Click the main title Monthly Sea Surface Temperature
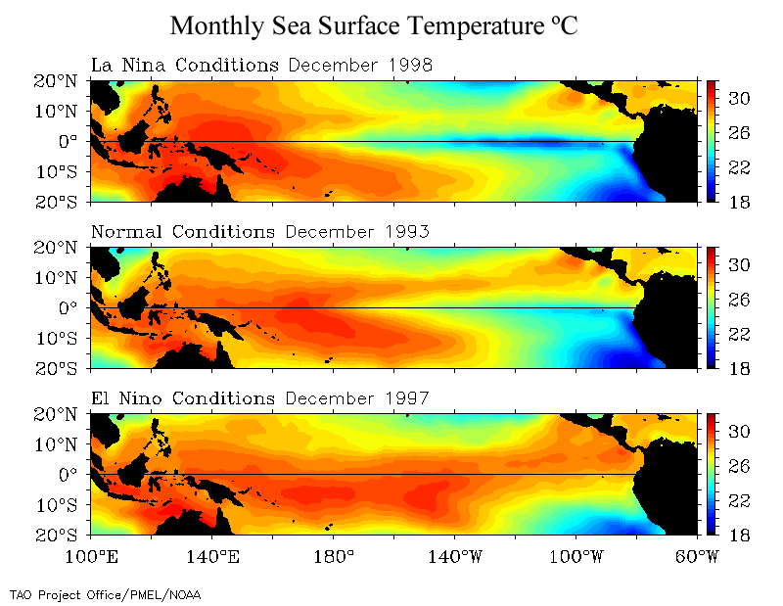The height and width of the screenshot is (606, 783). [374, 25]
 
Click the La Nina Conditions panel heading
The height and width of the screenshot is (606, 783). [184, 66]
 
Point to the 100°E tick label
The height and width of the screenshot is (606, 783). [90, 557]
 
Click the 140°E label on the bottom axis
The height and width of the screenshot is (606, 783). [211, 557]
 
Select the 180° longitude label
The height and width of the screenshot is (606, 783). [333, 557]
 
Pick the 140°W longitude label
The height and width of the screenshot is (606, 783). [454, 557]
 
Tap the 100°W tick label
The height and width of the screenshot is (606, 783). [576, 557]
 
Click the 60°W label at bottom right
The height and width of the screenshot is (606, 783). [696, 557]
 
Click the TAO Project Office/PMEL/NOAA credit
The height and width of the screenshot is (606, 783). [105, 593]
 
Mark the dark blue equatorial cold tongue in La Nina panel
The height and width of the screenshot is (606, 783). [548, 143]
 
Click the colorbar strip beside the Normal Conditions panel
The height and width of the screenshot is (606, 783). [714, 307]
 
